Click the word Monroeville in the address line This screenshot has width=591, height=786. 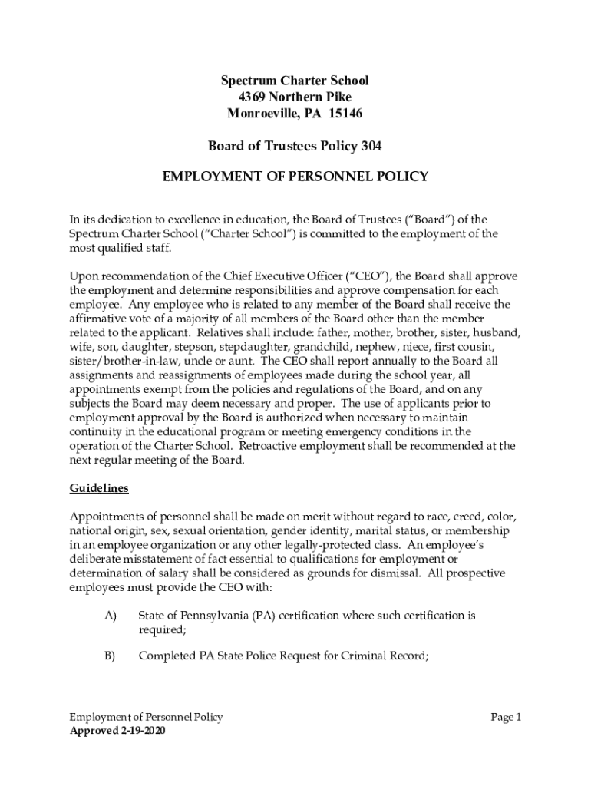tap(260, 114)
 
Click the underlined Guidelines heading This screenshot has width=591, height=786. tap(99, 488)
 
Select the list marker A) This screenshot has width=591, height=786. tap(109, 616)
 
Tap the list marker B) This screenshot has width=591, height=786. tap(109, 656)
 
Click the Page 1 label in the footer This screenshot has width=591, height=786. tap(506, 717)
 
